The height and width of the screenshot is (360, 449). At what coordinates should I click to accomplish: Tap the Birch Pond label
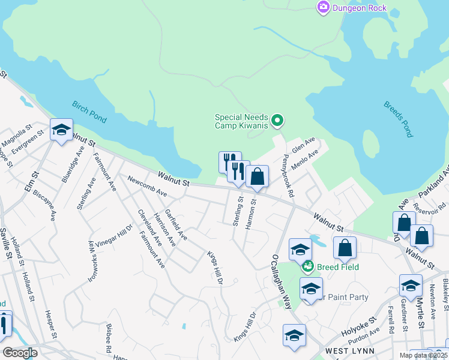click(x=89, y=112)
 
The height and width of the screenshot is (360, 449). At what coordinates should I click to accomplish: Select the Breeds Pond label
click(x=398, y=118)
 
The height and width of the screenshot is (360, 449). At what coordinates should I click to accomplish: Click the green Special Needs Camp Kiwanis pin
click(x=277, y=121)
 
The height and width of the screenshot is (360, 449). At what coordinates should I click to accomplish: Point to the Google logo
click(x=19, y=353)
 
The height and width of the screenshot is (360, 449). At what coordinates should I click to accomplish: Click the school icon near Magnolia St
click(x=61, y=130)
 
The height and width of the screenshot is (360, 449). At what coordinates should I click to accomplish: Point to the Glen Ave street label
click(x=303, y=145)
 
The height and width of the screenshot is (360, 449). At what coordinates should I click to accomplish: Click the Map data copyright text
click(x=428, y=355)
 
